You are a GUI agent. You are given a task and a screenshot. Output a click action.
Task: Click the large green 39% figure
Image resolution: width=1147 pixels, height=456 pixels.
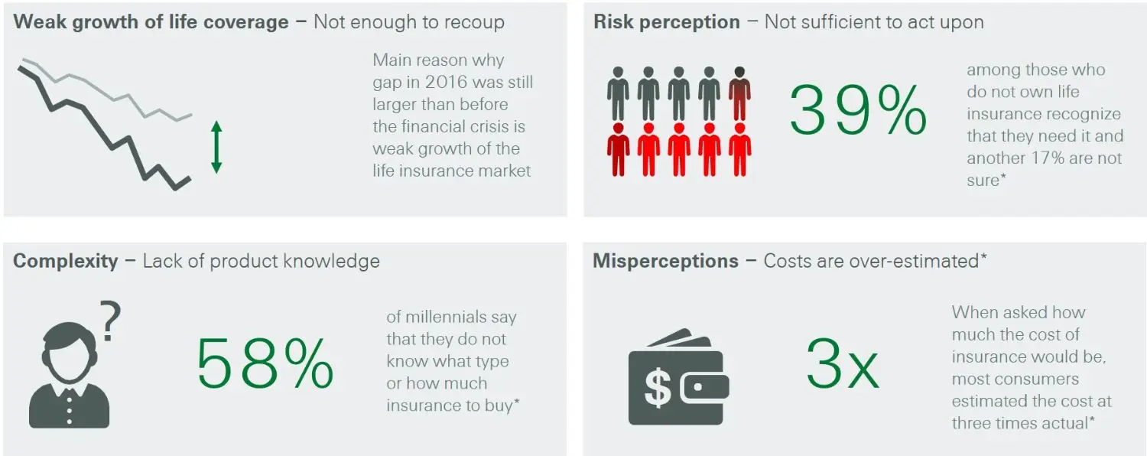[858, 109]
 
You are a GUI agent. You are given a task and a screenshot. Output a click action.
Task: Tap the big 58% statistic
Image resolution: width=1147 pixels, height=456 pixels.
[265, 363]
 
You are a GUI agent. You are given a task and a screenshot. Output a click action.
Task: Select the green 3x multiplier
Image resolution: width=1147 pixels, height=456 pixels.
[843, 363]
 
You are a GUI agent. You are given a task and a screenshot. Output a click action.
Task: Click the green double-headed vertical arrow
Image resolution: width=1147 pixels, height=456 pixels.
[216, 147]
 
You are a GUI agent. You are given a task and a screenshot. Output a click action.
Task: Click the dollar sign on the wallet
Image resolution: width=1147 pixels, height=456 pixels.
[658, 389]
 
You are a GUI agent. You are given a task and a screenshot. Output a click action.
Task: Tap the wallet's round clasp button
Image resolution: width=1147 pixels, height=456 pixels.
[697, 387]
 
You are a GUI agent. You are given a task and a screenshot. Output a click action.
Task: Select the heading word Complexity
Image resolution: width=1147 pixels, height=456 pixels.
[66, 262]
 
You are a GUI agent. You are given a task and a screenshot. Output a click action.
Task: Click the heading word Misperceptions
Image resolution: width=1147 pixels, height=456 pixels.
[666, 262]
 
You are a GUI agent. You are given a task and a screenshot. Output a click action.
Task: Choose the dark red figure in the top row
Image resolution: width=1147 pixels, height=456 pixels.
[739, 94]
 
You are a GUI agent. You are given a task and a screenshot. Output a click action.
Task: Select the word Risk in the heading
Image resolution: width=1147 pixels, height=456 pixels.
[614, 22]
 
